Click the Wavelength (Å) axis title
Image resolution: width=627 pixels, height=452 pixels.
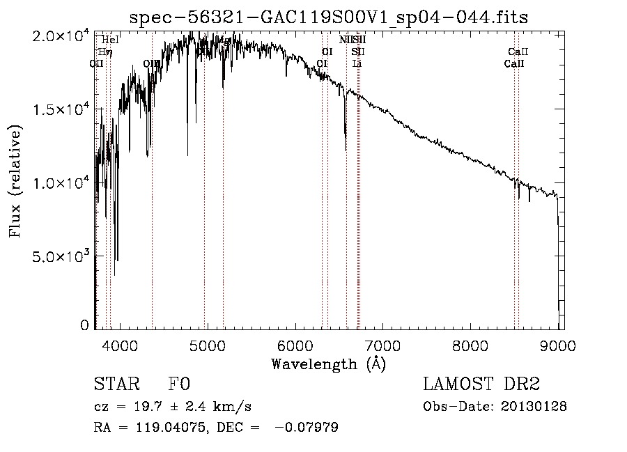click(328, 364)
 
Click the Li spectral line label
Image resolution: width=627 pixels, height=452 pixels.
click(357, 63)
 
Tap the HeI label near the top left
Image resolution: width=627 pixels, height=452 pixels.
click(110, 40)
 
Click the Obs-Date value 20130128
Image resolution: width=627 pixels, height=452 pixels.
click(534, 407)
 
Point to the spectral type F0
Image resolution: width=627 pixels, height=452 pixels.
click(179, 384)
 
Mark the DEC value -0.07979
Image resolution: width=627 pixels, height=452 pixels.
click(307, 428)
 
